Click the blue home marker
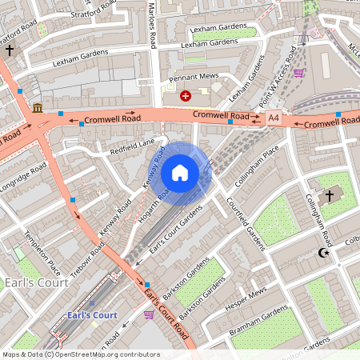180,173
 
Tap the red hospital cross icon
186,96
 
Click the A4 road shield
274,118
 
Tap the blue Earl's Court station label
93,315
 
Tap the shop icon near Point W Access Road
298,73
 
